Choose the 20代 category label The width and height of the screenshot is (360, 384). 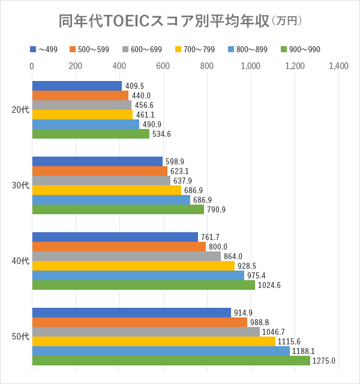click(20, 110)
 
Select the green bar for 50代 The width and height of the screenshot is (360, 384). click(171, 361)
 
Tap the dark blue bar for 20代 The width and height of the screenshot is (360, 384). click(77, 86)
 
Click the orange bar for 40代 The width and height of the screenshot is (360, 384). click(119, 247)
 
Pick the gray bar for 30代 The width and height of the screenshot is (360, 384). click(101, 181)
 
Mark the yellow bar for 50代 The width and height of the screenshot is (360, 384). click(154, 341)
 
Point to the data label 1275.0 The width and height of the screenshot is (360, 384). click(324, 361)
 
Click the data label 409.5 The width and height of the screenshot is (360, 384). click(134, 86)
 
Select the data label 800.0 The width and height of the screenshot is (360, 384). click(218, 247)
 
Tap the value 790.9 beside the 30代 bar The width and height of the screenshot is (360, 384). click(216, 209)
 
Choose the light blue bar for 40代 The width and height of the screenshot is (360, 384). click(138, 275)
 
